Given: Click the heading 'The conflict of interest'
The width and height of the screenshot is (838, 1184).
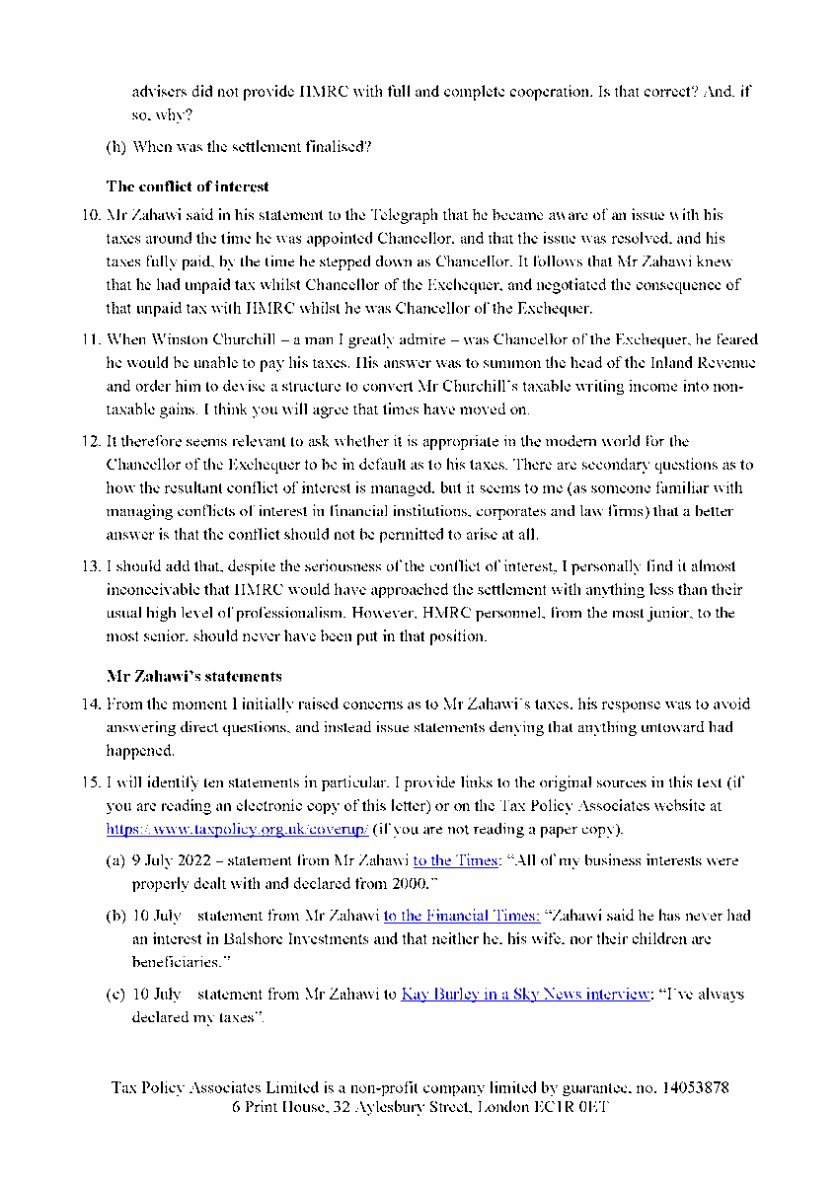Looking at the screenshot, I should click(188, 186).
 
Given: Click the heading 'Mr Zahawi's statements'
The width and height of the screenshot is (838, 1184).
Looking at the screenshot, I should click(193, 677).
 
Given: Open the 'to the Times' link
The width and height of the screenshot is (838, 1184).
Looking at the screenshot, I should click(455, 860).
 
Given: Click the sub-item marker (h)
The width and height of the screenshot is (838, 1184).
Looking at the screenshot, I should click(115, 148).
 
